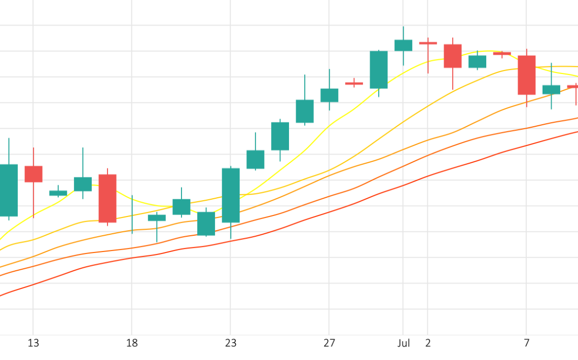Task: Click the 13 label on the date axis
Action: (x=33, y=343)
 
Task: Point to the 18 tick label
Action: (x=132, y=343)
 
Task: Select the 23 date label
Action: (x=230, y=343)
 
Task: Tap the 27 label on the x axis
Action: (x=329, y=343)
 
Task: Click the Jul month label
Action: (x=404, y=343)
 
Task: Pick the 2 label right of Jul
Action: (x=428, y=343)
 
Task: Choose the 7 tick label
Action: (x=527, y=343)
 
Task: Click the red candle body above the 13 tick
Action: (x=33, y=174)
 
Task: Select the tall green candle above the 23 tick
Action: (x=231, y=195)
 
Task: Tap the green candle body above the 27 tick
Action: (x=329, y=95)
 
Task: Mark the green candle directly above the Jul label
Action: (x=404, y=45)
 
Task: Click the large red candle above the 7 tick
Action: (x=527, y=75)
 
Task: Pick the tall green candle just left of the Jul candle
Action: (x=379, y=69)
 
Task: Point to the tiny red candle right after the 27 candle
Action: (x=354, y=83)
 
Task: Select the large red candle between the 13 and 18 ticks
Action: (x=107, y=198)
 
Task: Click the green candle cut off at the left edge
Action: (x=9, y=190)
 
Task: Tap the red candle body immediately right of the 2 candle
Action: (x=453, y=56)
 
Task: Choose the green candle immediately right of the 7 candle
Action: (x=551, y=90)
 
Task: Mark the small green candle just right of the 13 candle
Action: (x=58, y=193)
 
